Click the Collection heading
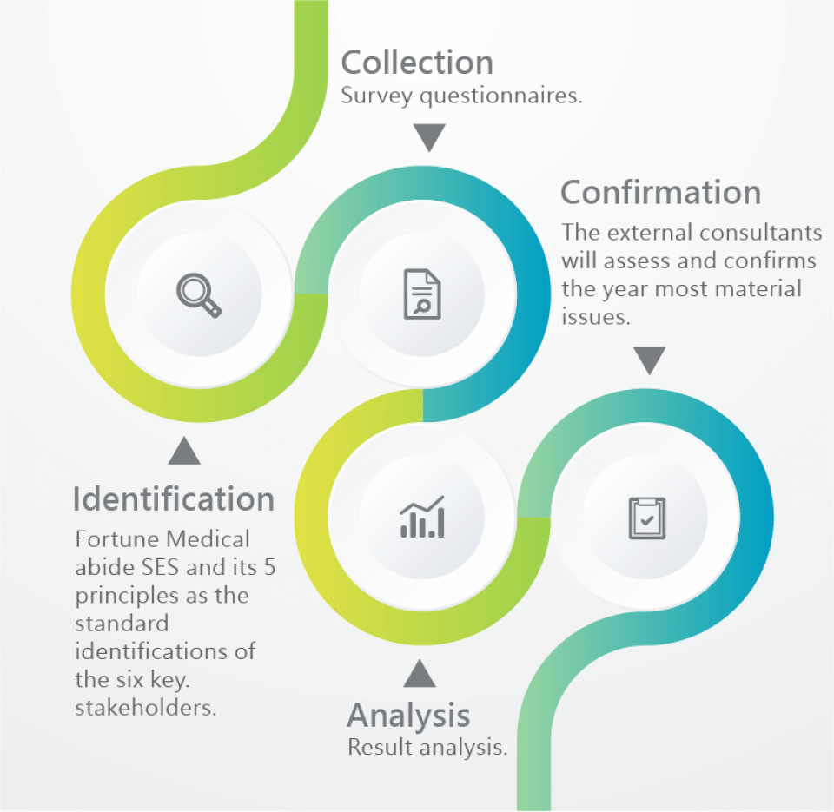[x=417, y=63]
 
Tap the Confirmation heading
[x=660, y=192]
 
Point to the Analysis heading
[x=408, y=716]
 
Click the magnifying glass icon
[x=199, y=295]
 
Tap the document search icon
[x=422, y=294]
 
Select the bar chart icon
[x=422, y=517]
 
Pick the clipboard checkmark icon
[x=646, y=518]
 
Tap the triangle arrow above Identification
[x=184, y=451]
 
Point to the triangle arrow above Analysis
[x=420, y=674]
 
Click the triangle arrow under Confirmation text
[x=650, y=360]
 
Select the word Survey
[x=376, y=96]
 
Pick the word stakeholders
[x=146, y=708]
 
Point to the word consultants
[x=761, y=233]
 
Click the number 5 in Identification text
[x=269, y=567]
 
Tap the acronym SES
[x=160, y=567]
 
